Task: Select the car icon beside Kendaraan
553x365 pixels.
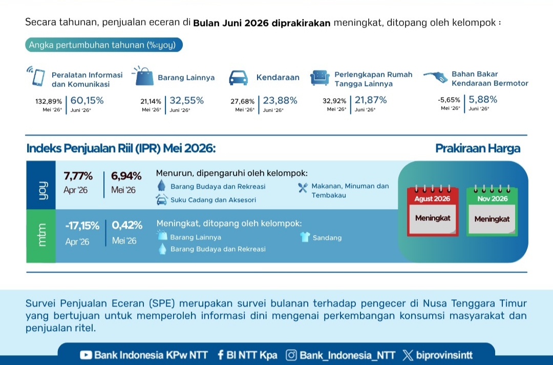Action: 239,77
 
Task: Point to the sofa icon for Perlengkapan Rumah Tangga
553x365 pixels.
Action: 320,77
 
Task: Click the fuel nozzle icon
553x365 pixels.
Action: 436,77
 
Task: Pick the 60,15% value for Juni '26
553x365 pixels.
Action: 87,100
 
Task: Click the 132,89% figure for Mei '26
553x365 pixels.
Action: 49,102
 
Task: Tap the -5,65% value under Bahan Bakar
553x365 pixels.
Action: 449,100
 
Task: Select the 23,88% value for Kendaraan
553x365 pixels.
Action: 280,100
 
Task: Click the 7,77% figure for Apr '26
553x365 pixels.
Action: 78,176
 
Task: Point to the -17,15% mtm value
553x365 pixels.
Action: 82,226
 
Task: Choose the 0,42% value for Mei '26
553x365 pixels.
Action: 127,225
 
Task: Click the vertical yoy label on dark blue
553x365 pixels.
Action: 41,190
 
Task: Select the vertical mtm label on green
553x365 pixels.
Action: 41,235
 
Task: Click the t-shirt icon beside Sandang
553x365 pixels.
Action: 305,237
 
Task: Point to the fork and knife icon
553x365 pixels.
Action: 303,188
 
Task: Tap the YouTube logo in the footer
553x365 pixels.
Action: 86,355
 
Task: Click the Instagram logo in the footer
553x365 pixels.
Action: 291,355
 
